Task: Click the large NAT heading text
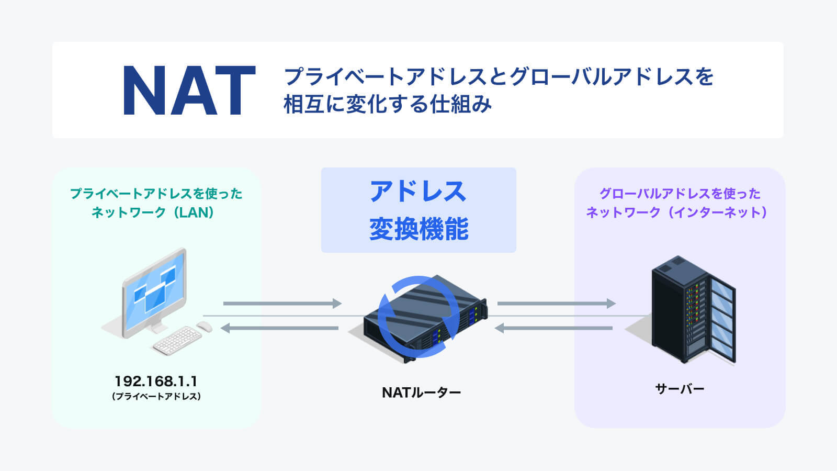coord(189,91)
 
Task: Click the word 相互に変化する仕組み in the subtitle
coord(387,104)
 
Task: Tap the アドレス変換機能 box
coord(418,210)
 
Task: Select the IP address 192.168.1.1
coord(156,381)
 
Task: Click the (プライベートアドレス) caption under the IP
coord(156,396)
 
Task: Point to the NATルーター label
coord(421,392)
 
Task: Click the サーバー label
coord(680,389)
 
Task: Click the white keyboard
coord(177,340)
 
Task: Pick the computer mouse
coord(205,327)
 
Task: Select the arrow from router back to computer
coord(280,328)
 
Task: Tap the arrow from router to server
coord(556,304)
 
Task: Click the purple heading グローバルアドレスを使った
coord(680,194)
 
